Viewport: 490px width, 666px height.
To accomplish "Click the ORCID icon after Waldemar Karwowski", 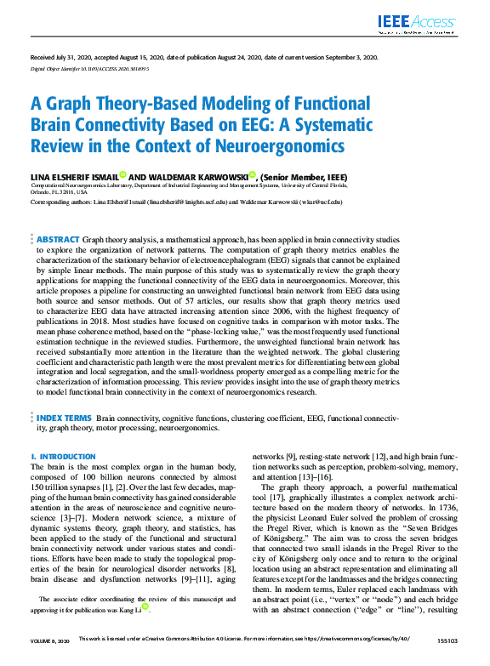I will [x=228, y=176].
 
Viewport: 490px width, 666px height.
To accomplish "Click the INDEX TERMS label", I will [x=64, y=419].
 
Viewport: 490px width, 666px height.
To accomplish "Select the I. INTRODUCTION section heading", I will [x=64, y=457].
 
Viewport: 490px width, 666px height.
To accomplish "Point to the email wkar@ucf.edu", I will [x=324, y=202].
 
